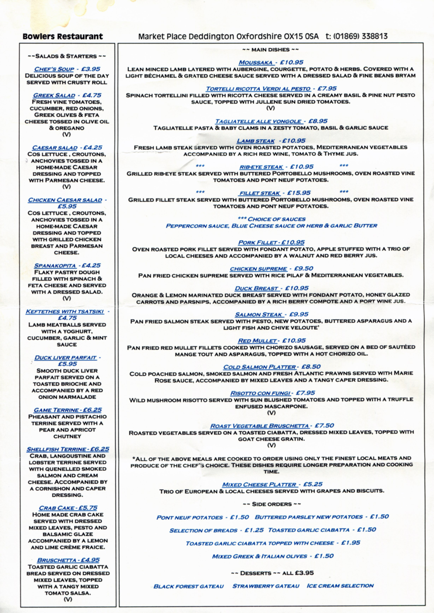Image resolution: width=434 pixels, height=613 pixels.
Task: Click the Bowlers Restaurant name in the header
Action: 63,36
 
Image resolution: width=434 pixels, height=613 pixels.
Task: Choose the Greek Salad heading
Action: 54,95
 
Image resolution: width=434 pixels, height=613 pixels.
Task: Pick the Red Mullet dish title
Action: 257,341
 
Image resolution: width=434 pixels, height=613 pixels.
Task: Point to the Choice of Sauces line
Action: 271,219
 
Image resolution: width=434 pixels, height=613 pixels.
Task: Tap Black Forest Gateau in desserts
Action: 188,586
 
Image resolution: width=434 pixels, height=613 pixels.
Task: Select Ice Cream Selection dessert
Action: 340,586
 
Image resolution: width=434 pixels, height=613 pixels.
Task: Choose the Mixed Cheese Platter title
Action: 259,484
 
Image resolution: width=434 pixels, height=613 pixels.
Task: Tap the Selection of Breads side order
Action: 203,530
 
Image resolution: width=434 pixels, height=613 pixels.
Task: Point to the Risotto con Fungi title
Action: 260,393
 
